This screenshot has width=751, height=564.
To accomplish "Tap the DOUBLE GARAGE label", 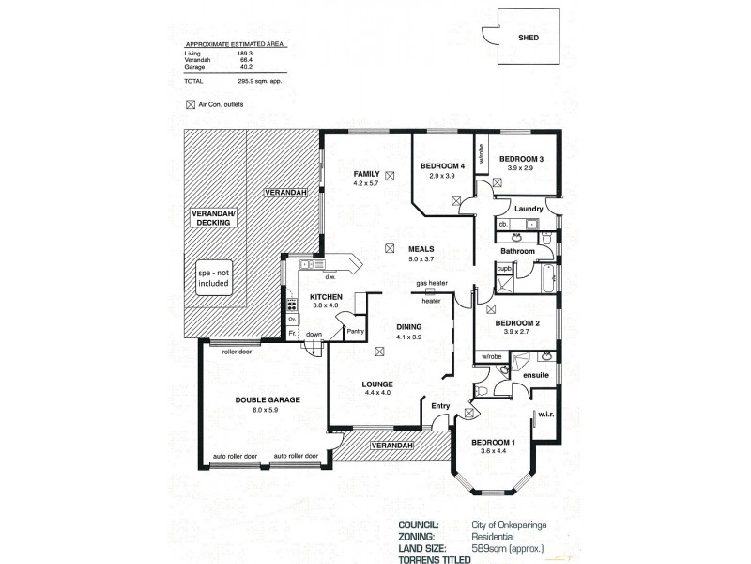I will (268, 399).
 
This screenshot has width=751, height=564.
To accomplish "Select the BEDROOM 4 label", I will (443, 166).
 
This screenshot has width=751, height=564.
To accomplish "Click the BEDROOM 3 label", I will (521, 158).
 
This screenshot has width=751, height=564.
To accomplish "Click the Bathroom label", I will (517, 251).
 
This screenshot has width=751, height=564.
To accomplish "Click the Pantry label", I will (355, 331).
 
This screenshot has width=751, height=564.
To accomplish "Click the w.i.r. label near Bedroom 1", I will (546, 415).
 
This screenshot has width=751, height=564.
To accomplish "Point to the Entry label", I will (440, 406).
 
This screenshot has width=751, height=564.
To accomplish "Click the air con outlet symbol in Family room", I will (390, 174).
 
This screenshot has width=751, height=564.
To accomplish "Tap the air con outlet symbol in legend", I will (191, 103).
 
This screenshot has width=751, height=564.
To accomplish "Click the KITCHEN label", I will (328, 298).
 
